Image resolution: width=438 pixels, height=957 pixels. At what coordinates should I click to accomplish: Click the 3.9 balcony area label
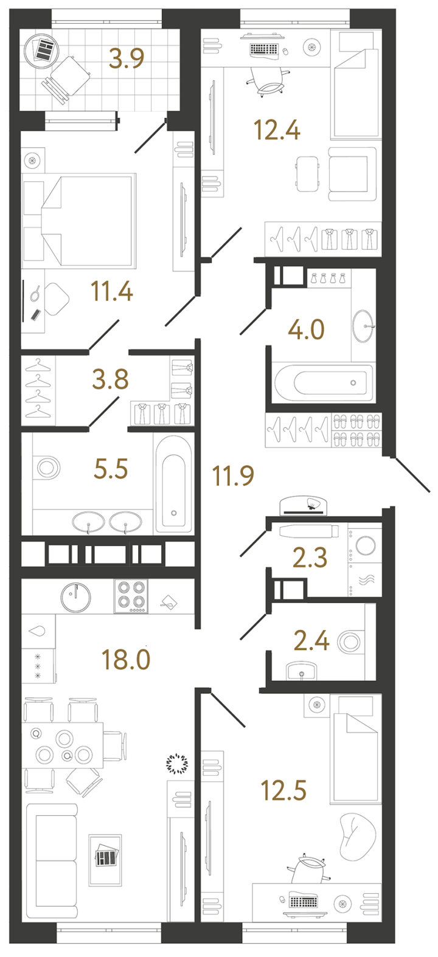point(127,58)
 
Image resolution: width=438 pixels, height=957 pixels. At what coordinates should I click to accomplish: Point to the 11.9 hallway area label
point(234,476)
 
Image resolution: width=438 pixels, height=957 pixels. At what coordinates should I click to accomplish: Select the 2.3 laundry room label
point(310,558)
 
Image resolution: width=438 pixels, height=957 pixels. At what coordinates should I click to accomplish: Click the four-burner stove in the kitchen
point(131,596)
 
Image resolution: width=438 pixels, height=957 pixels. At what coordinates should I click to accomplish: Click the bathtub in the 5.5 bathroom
point(173,484)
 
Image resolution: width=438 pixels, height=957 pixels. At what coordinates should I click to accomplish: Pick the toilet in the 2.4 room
point(351,641)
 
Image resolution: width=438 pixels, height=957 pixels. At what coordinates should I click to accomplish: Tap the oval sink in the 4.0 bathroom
point(364,326)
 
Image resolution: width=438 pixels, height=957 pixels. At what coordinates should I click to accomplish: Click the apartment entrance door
point(413,475)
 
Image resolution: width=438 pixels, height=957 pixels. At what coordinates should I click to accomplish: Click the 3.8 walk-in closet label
point(110,379)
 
